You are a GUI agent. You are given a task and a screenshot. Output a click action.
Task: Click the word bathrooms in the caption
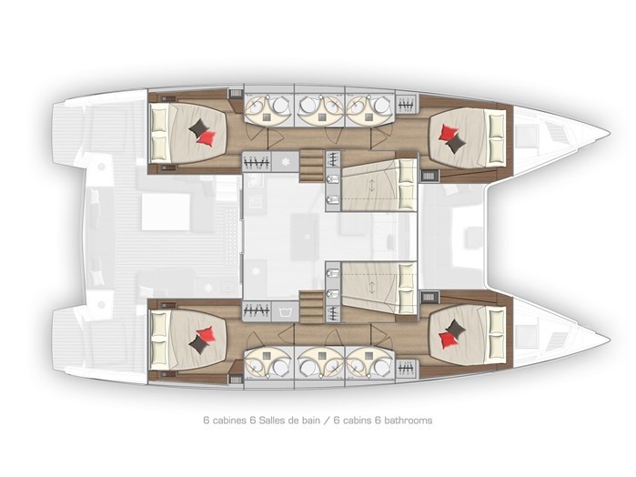coord(408,421)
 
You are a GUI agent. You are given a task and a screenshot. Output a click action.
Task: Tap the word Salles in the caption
coord(271,421)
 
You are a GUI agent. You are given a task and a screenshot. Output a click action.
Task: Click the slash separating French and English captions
coord(327,421)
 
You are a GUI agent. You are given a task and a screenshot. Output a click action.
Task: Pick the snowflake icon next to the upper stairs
coord(287,161)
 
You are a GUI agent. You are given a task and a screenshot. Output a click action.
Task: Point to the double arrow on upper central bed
coord(371,186)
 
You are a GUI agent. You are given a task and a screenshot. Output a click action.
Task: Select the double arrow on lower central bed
coord(371,287)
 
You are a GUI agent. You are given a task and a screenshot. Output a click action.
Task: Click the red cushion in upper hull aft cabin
coord(207,138)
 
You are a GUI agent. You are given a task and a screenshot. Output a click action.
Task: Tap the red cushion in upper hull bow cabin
coord(448,132)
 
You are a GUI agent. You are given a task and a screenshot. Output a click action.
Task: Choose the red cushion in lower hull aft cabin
coord(206,335)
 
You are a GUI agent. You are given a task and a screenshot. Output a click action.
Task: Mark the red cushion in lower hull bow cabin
coord(447,340)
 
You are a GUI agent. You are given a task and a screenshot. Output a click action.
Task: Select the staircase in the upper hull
coord(311,166)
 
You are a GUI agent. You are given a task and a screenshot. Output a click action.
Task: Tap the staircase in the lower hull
coord(311,307)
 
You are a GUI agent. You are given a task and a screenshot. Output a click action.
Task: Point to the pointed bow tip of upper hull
coord(609,133)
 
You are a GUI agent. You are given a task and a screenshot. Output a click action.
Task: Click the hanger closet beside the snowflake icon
coord(257,161)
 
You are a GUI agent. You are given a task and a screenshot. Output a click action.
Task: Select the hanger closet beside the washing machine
coord(257,311)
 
